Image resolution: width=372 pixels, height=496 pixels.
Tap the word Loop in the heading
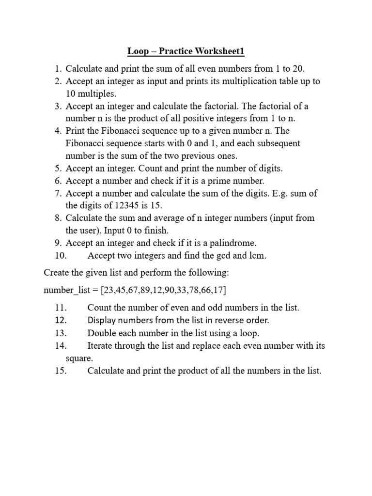pos(138,51)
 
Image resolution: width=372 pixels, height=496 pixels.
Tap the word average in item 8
pos(144,218)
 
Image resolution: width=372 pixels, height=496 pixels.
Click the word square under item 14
pos(78,358)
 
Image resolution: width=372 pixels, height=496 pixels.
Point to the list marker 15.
pos(61,371)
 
